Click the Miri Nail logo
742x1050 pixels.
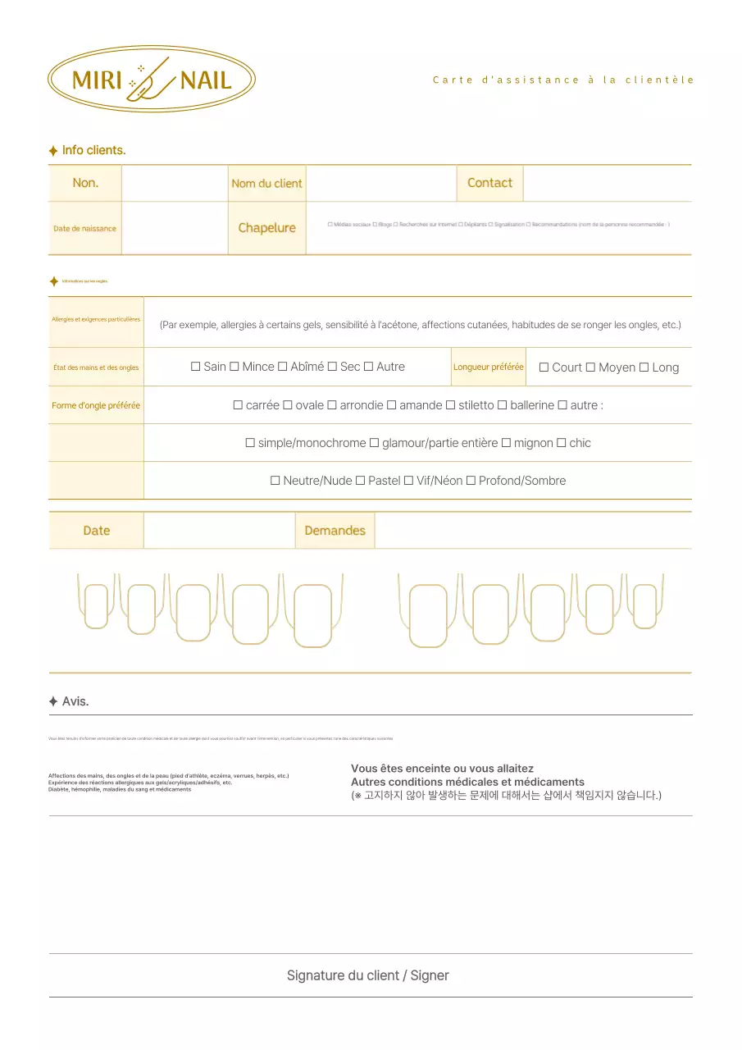152,80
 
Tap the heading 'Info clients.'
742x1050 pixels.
93,150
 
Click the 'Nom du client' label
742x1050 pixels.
266,184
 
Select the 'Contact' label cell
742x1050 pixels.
489,183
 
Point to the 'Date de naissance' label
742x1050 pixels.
84,229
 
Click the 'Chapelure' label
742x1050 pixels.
266,228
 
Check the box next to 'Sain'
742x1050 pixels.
196,367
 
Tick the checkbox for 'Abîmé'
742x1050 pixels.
283,367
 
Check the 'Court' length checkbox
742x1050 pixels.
544,367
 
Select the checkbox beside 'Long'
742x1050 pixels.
644,367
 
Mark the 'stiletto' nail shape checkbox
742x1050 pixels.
451,405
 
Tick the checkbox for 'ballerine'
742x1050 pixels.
503,405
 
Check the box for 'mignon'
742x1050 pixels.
506,443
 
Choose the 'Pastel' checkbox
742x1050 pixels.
360,481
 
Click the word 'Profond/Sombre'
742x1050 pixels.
522,481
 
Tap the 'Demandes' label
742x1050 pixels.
335,531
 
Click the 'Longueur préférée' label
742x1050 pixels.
489,367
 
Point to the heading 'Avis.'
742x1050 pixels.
75,701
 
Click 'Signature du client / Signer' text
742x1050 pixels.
367,975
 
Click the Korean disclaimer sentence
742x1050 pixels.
506,795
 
